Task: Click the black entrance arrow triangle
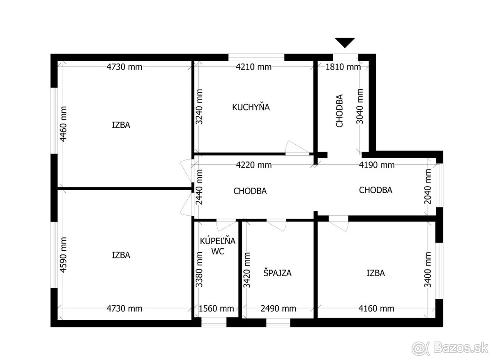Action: pos(345,42)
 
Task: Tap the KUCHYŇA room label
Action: pos(251,107)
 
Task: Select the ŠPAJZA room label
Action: pos(277,273)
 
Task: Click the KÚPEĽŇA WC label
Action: pos(218,246)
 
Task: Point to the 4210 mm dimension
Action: pos(253,67)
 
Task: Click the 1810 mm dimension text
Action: pos(343,67)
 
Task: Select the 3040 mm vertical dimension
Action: pos(359,106)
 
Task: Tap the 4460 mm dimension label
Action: pos(63,124)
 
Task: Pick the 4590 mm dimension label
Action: pos(63,255)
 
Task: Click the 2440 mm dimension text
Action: pos(199,187)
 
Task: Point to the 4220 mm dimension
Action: pos(254,165)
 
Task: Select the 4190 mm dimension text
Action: pos(377,165)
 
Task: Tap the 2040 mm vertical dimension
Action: pos(428,187)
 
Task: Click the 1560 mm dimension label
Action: pos(217,309)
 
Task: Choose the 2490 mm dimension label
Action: pos(279,309)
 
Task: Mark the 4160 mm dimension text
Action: pos(376,309)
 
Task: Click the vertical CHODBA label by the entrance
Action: pos(339,111)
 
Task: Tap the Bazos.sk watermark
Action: pos(450,348)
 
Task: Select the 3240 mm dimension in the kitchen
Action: pos(199,106)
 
